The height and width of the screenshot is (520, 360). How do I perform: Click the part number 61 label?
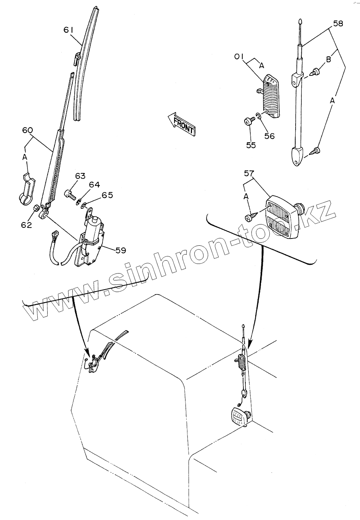69,30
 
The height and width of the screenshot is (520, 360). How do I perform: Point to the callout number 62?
26,225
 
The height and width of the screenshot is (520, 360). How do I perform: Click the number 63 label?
80,176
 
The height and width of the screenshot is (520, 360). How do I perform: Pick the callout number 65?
107,195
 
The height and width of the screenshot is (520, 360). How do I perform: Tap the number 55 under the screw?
251,145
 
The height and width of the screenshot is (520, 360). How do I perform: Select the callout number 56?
269,136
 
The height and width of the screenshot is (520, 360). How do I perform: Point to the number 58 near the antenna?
338,24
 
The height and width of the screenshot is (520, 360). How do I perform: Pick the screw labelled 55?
248,122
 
